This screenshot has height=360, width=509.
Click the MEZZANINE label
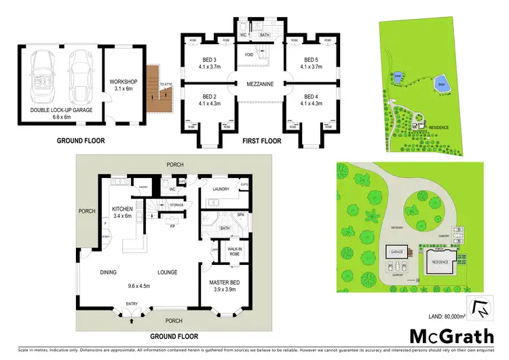pos(259,85)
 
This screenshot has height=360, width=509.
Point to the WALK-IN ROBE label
pos(235,251)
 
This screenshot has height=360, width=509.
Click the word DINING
pos(109,272)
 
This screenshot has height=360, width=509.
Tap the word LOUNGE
pos(168,272)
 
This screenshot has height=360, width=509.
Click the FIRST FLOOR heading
pos(261,142)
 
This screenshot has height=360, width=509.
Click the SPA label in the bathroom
pos(240,215)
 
